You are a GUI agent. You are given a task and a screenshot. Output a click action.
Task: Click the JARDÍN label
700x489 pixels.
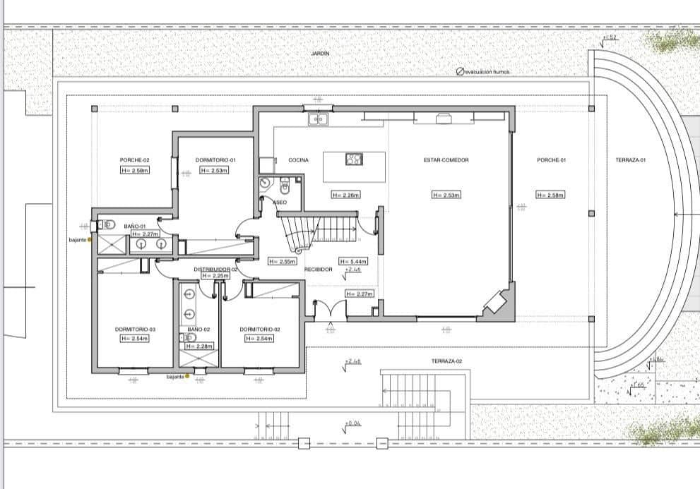pyautogui.click(x=320, y=54)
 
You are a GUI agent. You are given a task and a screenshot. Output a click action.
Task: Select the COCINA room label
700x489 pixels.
pyautogui.click(x=298, y=160)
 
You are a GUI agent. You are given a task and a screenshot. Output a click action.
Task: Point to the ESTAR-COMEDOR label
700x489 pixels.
pyautogui.click(x=446, y=160)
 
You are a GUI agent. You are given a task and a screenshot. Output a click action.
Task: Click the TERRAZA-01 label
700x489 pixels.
pyautogui.click(x=630, y=160)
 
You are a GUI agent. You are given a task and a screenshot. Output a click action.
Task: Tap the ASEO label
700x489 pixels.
pyautogui.click(x=280, y=202)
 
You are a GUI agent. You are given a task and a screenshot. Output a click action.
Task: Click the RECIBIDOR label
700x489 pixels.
pyautogui.click(x=318, y=270)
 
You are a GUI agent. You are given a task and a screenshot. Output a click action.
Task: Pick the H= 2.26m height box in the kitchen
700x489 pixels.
pyautogui.click(x=345, y=195)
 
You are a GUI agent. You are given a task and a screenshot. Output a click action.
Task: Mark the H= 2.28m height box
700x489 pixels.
pyautogui.click(x=198, y=346)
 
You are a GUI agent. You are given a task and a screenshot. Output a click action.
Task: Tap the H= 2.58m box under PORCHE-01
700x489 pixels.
pyautogui.click(x=550, y=195)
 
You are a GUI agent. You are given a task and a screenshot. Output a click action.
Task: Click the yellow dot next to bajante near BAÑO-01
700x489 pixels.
pyautogui.click(x=90, y=240)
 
